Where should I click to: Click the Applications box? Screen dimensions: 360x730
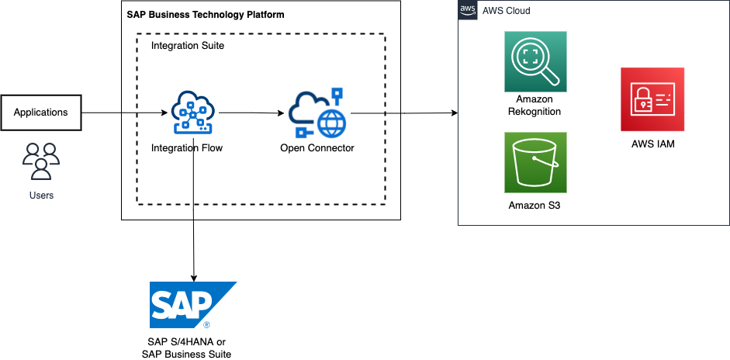pyautogui.click(x=41, y=112)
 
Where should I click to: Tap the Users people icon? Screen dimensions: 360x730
pyautogui.click(x=40, y=161)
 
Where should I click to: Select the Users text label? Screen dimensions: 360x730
pyautogui.click(x=41, y=196)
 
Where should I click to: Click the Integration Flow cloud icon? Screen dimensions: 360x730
pyautogui.click(x=192, y=112)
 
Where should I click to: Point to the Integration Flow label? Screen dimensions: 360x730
pyautogui.click(x=187, y=147)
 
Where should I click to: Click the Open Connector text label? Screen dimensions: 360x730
pyautogui.click(x=317, y=147)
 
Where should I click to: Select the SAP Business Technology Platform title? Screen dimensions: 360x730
pyautogui.click(x=205, y=15)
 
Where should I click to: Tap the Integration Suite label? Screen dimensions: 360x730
pyautogui.click(x=188, y=46)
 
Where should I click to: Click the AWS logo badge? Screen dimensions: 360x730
pyautogui.click(x=468, y=10)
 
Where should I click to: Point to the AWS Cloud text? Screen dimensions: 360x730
pyautogui.click(x=506, y=11)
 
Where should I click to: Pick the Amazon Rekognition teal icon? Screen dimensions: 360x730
pyautogui.click(x=535, y=62)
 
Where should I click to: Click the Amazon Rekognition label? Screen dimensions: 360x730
pyautogui.click(x=535, y=106)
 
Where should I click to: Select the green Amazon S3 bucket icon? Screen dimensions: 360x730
pyautogui.click(x=535, y=162)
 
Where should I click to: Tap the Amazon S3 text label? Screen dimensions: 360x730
pyautogui.click(x=535, y=206)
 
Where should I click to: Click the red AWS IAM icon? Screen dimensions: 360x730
pyautogui.click(x=652, y=99)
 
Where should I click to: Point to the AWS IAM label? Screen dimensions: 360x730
pyautogui.click(x=652, y=143)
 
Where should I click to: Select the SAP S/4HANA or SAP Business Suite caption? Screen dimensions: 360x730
pyautogui.click(x=187, y=348)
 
